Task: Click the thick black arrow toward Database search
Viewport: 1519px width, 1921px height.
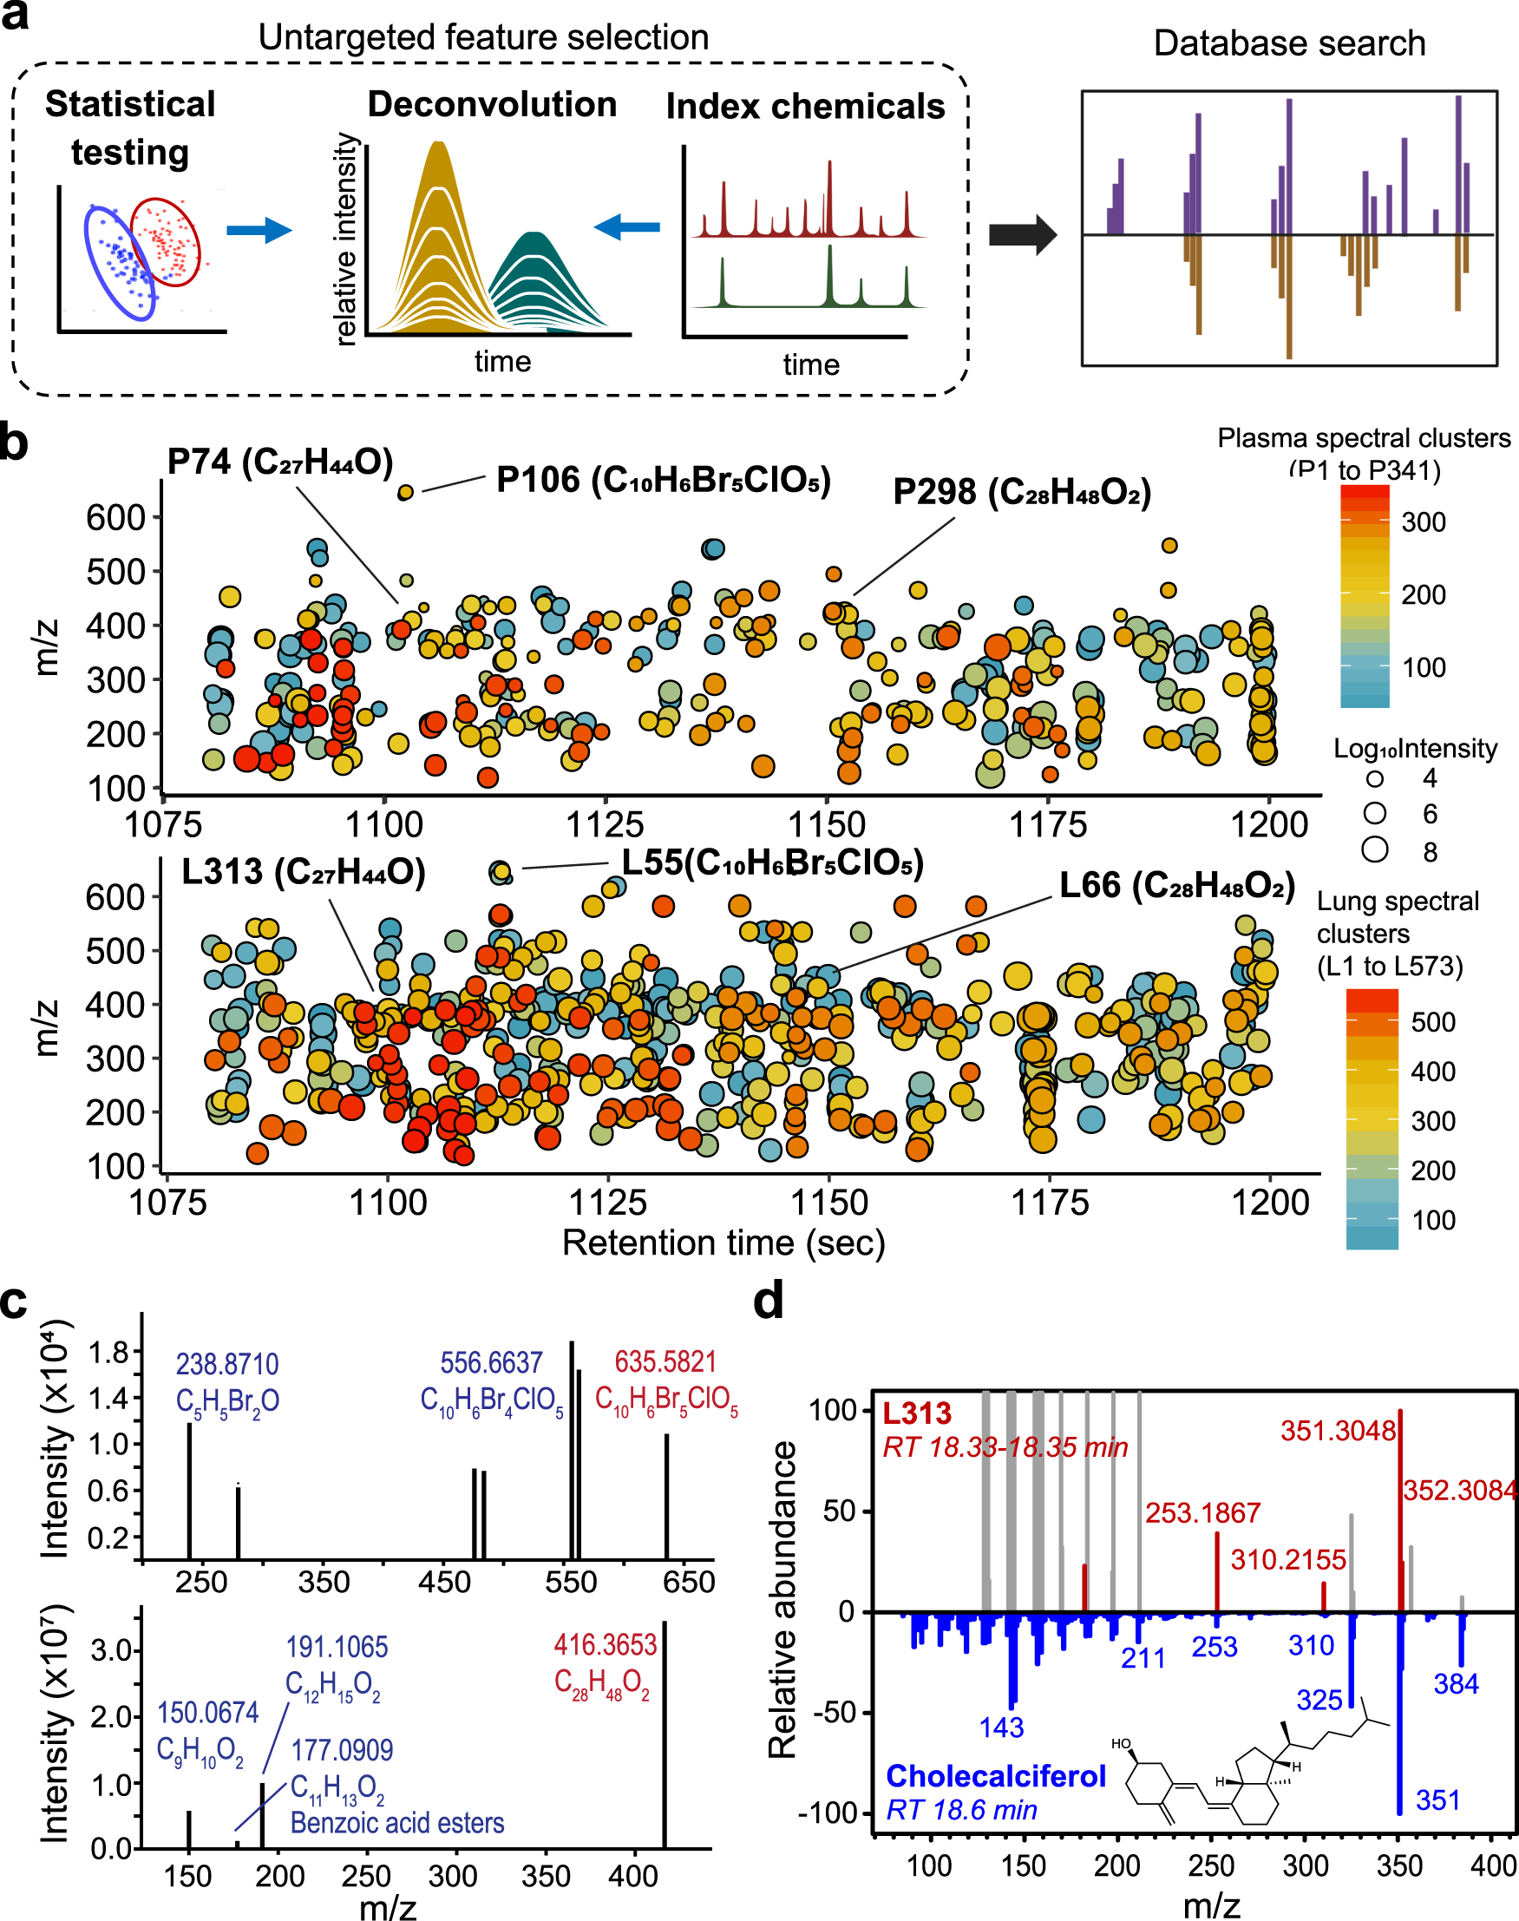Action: tap(1023, 235)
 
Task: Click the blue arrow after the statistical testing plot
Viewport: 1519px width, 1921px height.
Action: tap(258, 230)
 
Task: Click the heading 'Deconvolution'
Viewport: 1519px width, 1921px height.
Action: tap(492, 105)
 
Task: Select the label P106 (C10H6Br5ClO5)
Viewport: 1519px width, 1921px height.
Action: tap(663, 481)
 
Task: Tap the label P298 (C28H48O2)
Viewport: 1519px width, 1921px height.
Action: tap(1022, 492)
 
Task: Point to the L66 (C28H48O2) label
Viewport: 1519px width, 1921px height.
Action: tap(1176, 885)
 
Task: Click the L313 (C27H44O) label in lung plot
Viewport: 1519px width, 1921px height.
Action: tap(304, 871)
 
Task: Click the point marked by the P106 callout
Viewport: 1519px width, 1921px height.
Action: tap(405, 492)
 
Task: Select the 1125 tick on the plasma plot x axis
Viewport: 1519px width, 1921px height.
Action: tap(605, 824)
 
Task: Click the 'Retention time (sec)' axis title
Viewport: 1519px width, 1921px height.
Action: tap(723, 1242)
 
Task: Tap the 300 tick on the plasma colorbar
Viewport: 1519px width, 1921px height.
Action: tap(1423, 522)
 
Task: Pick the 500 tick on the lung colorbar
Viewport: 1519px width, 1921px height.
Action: tap(1433, 1022)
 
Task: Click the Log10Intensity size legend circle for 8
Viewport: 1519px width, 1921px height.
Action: tap(1375, 849)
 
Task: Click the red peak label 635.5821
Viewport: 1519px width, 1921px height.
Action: tap(665, 1361)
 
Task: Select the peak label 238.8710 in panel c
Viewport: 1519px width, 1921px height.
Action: tap(226, 1363)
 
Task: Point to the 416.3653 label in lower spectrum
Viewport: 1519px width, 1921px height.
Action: tap(605, 1644)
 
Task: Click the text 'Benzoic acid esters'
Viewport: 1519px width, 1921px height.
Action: tap(396, 1822)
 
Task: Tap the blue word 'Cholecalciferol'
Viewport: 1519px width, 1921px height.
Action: tap(995, 1775)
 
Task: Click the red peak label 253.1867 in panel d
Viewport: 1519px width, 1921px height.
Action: tap(1202, 1513)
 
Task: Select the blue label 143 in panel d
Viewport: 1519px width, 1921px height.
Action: tap(1001, 1728)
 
